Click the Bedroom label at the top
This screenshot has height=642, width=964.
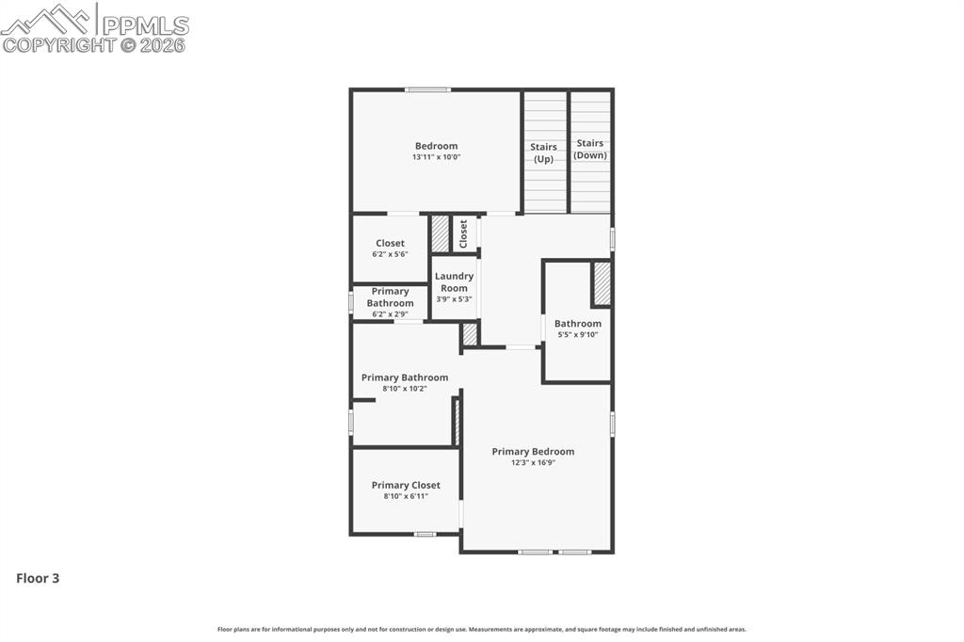click(436, 146)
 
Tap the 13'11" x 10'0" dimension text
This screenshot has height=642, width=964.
click(436, 157)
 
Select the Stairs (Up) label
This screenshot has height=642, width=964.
click(543, 152)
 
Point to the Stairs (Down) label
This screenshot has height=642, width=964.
click(590, 149)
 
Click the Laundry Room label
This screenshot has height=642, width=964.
click(454, 282)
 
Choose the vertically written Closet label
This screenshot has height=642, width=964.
click(463, 233)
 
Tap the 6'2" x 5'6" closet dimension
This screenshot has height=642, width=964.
click(390, 254)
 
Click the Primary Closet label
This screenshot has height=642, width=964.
click(406, 486)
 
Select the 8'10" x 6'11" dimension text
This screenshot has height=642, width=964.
click(406, 496)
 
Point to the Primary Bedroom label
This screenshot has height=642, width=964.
click(533, 452)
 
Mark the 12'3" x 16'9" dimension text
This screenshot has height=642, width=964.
click(533, 462)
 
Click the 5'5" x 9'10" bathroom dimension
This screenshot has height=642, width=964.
click(577, 334)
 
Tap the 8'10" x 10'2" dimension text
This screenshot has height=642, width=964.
click(405, 388)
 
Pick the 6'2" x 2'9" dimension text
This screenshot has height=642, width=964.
click(390, 314)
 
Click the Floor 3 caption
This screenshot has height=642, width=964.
click(38, 578)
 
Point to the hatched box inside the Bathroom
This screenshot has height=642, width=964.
click(602, 283)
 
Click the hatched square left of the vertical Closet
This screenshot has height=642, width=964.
click(440, 233)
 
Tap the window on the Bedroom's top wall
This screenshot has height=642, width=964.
click(427, 90)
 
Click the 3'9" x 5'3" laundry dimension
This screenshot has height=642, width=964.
click(454, 299)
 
